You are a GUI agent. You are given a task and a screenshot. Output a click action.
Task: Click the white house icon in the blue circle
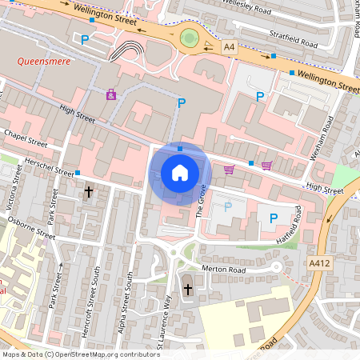point(180,172)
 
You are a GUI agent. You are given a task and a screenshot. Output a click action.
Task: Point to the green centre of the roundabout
point(190,38)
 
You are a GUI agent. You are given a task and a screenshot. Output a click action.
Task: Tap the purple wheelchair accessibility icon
point(110,94)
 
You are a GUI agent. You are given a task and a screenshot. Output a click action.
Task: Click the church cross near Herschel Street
point(89,192)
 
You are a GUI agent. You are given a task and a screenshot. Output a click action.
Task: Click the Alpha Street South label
point(128,298)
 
